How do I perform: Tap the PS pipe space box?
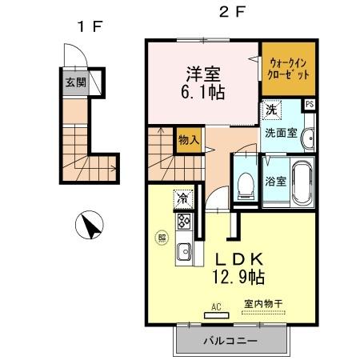pyautogui.click(x=309, y=103)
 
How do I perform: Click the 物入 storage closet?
pyautogui.click(x=189, y=140)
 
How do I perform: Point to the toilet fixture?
pyautogui.click(x=246, y=181)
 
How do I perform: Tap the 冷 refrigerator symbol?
pyautogui.click(x=184, y=197)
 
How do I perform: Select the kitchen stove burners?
pyautogui.click(x=182, y=220)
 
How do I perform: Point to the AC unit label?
pyautogui.click(x=216, y=306)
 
